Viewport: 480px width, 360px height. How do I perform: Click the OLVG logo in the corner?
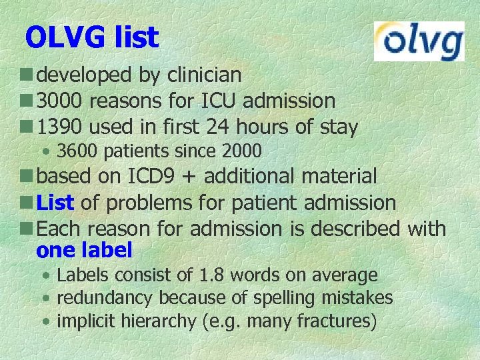point(419,41)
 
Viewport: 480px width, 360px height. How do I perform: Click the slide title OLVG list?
point(92,38)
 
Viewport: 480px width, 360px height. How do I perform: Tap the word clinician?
point(205,75)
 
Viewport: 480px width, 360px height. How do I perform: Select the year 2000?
point(241,151)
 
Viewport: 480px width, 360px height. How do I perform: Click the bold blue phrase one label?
point(85,251)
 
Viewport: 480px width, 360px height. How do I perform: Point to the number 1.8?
point(209,275)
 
